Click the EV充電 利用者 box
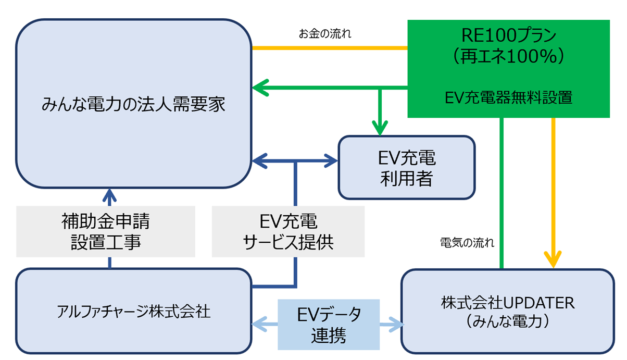click(407, 168)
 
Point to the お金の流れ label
click(325, 35)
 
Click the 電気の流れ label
click(467, 243)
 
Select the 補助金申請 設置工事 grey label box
click(106, 232)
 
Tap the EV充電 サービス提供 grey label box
click(288, 232)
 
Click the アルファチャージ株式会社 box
click(133, 312)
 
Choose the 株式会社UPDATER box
click(508, 312)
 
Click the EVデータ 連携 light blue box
click(329, 325)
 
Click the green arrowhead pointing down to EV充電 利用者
click(380, 127)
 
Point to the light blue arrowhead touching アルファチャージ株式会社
click(258, 325)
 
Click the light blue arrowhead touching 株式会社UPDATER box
click(398, 325)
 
